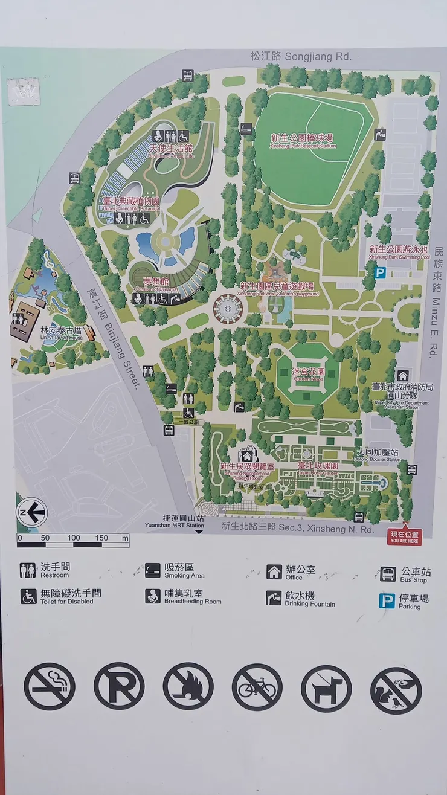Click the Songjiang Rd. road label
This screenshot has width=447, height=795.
[301, 57]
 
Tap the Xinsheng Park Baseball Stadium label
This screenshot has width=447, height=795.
[302, 141]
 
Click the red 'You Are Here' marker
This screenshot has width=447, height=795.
[405, 536]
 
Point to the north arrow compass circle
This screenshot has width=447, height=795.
[32, 513]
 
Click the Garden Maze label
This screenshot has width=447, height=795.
[308, 374]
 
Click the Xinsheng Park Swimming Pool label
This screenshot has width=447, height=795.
[399, 251]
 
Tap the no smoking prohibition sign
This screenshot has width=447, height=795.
[50, 686]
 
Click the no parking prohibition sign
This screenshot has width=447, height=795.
[119, 686]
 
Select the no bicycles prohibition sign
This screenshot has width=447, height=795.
[257, 687]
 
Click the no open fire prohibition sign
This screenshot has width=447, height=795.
[188, 686]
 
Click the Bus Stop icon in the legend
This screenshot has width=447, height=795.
[388, 573]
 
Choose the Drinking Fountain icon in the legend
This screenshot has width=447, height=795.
[274, 597]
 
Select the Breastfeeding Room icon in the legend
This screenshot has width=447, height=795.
[153, 596]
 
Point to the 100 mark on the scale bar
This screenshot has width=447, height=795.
[73, 538]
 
